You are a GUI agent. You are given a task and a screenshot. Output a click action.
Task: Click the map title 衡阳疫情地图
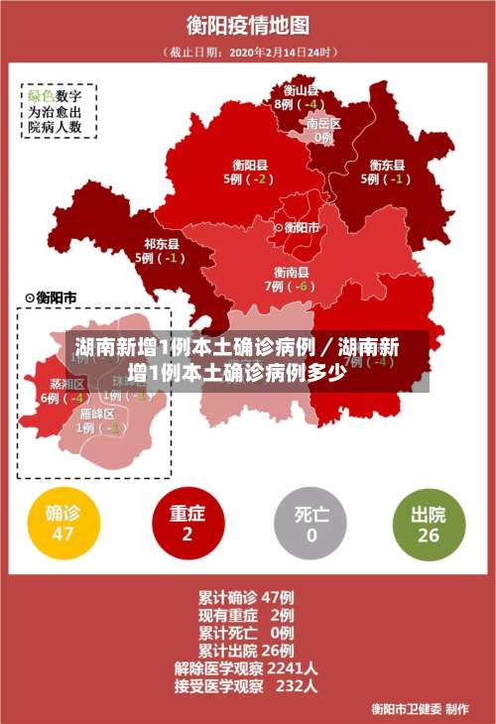247,24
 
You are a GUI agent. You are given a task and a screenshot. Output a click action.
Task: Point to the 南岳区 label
323,124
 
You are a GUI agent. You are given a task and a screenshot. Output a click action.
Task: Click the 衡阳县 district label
249,165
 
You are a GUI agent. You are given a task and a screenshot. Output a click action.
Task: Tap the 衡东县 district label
386,165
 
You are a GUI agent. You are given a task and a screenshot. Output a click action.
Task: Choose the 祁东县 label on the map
161,243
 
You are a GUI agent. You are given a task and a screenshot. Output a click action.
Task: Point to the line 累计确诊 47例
245,597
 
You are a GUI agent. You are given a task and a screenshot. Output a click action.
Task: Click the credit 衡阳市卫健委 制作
420,708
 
